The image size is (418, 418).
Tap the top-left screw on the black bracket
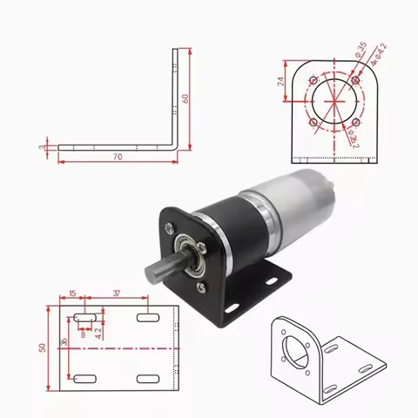click(x=168, y=228)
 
